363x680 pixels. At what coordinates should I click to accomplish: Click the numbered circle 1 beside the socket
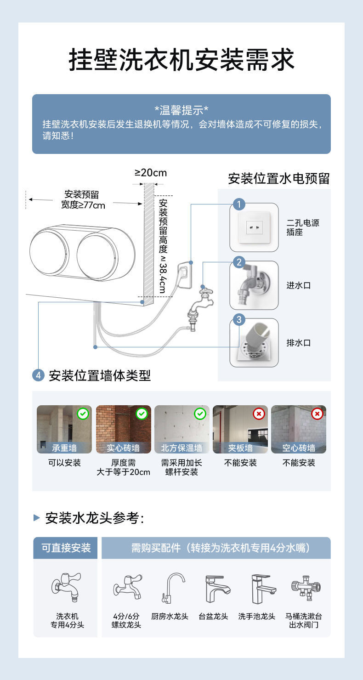239,204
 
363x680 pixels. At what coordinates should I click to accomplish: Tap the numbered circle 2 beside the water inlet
239,262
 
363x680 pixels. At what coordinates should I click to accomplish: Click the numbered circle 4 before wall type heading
39,375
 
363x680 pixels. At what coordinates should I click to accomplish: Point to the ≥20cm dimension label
151,173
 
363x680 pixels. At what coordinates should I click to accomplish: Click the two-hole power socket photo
254,227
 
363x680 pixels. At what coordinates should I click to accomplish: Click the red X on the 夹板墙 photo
259,414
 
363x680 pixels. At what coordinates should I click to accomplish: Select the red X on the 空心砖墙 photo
317,414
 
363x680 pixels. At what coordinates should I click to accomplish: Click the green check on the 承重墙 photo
83,414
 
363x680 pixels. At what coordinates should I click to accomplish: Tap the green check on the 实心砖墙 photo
142,414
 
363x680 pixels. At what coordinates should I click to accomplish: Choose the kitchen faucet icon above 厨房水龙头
172,588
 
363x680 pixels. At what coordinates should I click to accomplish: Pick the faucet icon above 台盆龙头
216,589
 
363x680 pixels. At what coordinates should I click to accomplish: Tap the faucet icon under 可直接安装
66,587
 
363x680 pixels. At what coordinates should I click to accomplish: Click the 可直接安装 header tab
66,548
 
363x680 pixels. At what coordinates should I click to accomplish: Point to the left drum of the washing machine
49,253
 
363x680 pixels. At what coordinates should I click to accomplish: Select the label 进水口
299,285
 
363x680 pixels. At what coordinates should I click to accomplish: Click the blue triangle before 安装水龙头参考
37,518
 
